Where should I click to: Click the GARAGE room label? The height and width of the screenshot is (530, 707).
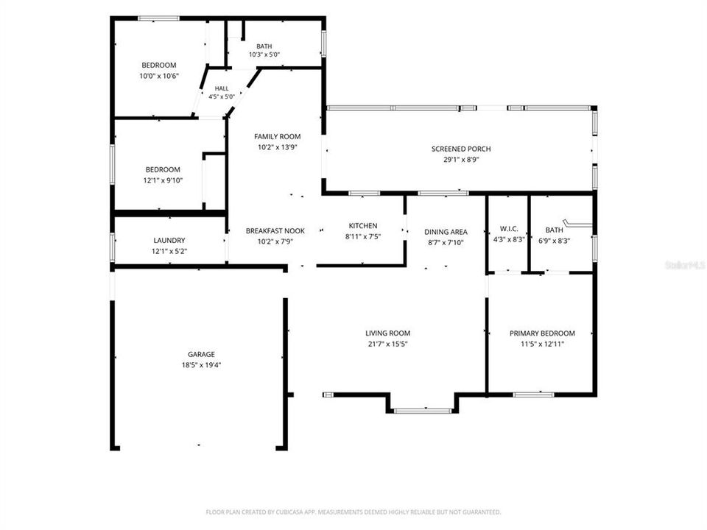click(201, 354)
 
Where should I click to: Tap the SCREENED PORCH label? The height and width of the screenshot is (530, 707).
click(461, 149)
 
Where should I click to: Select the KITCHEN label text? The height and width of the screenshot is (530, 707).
click(363, 226)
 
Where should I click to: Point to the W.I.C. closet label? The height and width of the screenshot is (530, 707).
click(509, 229)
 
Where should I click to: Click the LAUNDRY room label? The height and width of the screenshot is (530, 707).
click(169, 241)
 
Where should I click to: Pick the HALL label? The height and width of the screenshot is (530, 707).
click(222, 89)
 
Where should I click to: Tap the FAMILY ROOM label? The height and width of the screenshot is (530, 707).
click(278, 137)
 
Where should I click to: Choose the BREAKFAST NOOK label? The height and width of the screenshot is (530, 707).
click(275, 230)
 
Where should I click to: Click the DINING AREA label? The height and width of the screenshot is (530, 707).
click(446, 232)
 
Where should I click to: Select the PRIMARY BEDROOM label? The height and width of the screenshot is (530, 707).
click(542, 333)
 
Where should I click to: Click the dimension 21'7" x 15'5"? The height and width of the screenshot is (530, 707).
click(388, 344)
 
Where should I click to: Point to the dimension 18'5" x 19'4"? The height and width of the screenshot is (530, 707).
click(201, 365)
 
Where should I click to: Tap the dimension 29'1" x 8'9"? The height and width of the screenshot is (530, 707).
click(461, 160)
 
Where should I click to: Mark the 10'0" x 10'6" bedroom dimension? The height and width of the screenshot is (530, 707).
click(159, 76)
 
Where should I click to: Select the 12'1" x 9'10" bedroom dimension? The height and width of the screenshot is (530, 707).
click(163, 181)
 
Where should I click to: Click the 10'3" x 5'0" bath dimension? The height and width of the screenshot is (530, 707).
click(264, 54)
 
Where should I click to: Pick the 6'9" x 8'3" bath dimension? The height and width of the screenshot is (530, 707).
click(554, 241)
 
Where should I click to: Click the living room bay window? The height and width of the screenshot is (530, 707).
click(423, 411)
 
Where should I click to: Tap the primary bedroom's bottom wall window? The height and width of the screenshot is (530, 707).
click(533, 395)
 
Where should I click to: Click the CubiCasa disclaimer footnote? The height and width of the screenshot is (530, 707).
click(353, 512)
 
